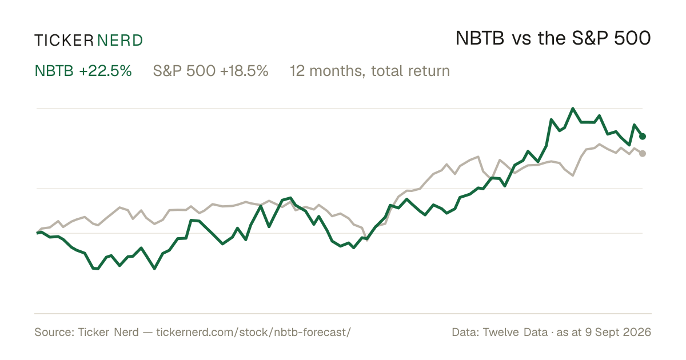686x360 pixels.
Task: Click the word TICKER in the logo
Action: [x=64, y=41]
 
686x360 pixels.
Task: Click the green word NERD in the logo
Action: [x=120, y=41]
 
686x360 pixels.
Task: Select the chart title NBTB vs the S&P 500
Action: [x=553, y=38]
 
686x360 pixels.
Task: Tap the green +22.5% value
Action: [x=105, y=71]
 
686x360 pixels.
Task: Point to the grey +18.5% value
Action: [x=244, y=71]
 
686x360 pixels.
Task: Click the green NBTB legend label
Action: [x=54, y=71]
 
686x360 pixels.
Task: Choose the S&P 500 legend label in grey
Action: [x=184, y=71]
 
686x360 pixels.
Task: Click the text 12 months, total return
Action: [x=370, y=71]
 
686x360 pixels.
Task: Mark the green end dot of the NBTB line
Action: [x=643, y=136]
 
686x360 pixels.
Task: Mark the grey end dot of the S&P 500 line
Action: [x=643, y=153]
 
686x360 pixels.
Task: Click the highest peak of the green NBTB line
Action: [x=573, y=109]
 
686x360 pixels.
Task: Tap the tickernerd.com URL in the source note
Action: [x=254, y=332]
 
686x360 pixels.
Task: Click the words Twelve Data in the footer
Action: [x=515, y=332]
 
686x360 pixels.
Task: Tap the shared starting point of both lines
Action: [x=37, y=233]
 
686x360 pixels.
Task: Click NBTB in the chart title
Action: [x=480, y=38]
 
